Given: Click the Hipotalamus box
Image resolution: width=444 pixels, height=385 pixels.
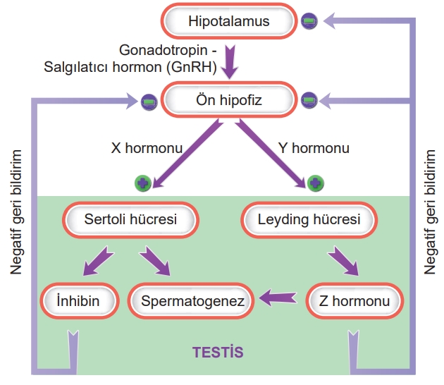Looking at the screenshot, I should click(229, 21).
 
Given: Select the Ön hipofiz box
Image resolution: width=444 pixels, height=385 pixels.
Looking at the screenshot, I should click(228, 100).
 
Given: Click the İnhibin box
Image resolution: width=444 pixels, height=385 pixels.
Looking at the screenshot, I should click(78, 302).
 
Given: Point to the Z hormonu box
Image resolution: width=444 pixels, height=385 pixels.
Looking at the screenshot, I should click(354, 302).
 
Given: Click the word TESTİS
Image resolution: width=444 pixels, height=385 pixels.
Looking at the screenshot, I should click(218, 350).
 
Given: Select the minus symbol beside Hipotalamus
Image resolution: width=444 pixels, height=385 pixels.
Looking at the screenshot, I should click(309, 21).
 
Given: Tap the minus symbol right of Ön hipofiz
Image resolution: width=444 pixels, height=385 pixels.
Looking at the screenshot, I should click(309, 101).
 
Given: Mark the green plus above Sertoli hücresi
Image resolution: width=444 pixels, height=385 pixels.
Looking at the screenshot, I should click(142, 183).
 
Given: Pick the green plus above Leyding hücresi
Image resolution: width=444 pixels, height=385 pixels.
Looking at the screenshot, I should click(316, 183).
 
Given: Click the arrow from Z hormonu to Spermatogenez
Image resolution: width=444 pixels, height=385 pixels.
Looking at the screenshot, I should click(278, 298).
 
